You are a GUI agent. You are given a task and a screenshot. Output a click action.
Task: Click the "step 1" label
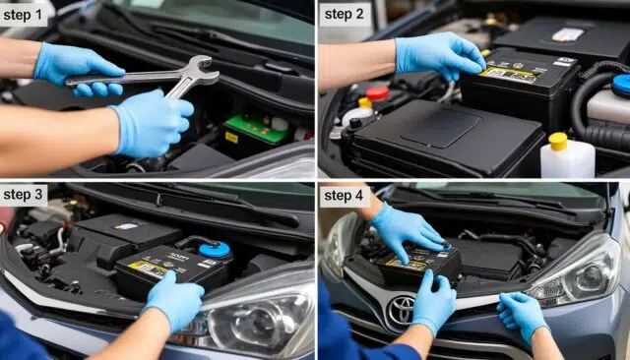[x=25, y=14]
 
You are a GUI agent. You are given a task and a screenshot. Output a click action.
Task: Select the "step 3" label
[x=25, y=195]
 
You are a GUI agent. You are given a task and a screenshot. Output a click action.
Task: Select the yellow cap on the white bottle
[x=558, y=140]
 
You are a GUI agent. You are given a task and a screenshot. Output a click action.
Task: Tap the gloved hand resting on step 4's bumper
[x=522, y=315]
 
